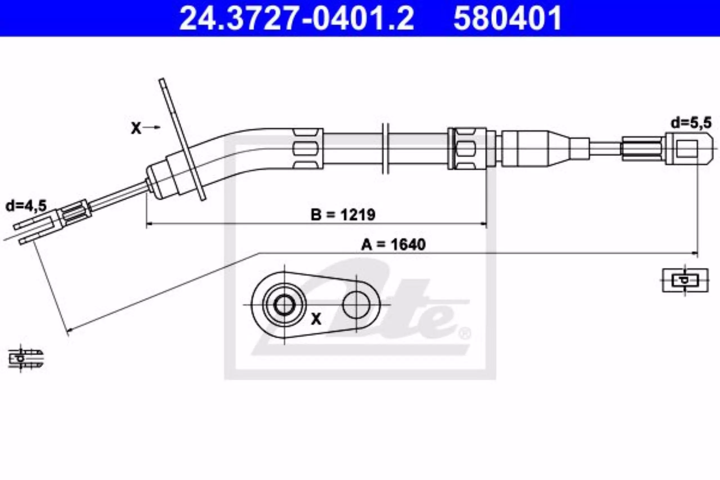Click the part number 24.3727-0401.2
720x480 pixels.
(296, 18)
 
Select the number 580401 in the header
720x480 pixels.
(507, 18)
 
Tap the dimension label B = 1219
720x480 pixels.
(343, 215)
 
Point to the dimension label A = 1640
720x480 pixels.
(393, 245)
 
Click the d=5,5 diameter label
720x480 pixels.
(691, 123)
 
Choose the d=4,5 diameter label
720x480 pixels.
(26, 206)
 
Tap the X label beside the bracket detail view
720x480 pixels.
(316, 319)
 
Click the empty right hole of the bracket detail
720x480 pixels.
(356, 305)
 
